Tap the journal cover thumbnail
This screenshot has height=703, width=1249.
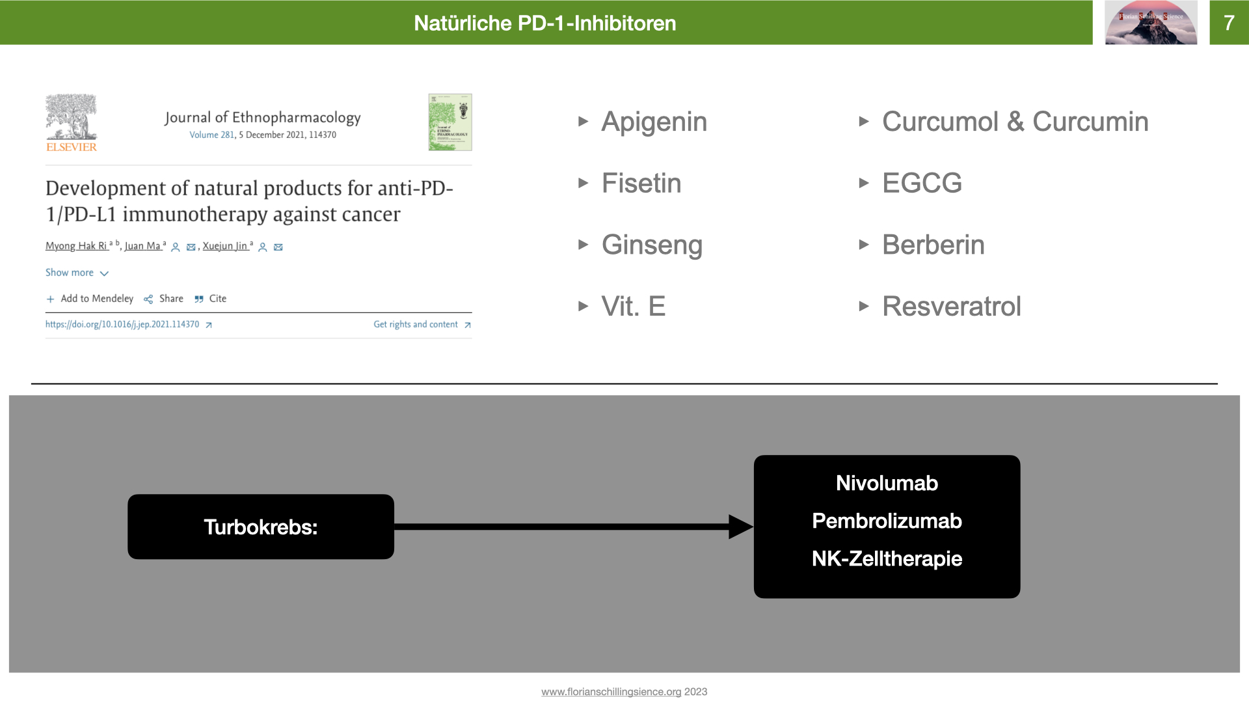click(x=450, y=122)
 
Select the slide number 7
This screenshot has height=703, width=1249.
click(x=1228, y=23)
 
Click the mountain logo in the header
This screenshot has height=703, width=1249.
click(x=1150, y=23)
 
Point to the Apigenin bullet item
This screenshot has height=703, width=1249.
click(x=654, y=122)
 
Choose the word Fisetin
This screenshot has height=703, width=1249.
click(x=641, y=183)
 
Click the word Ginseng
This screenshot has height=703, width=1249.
click(x=652, y=245)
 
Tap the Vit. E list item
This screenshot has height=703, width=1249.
click(x=633, y=306)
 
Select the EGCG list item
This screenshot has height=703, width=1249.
click(x=922, y=183)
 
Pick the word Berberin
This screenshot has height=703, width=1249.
click(x=933, y=245)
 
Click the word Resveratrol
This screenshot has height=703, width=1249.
click(x=951, y=306)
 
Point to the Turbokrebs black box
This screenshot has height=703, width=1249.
click(x=260, y=527)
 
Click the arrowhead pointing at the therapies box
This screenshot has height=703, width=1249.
click(x=740, y=527)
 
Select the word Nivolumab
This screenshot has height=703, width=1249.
click(x=887, y=483)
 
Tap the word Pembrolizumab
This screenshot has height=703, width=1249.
click(x=887, y=521)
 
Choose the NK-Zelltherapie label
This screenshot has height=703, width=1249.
click(x=887, y=558)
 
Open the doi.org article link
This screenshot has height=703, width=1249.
click(x=122, y=324)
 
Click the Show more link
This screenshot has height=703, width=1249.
click(x=70, y=273)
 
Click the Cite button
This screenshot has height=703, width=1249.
click(x=217, y=299)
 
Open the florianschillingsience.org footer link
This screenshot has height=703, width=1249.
click(x=611, y=692)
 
